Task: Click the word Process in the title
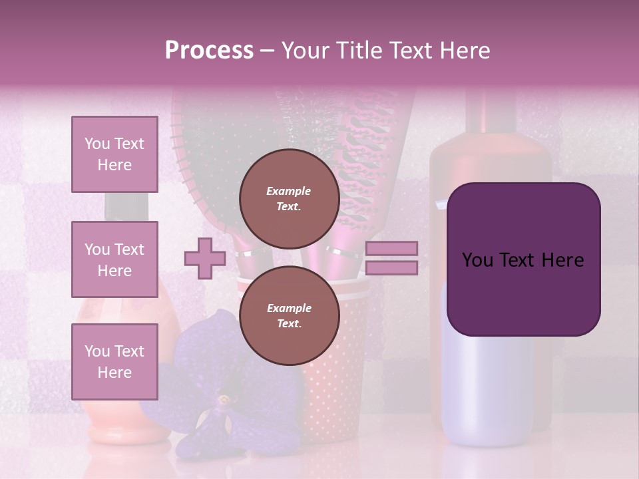(209, 51)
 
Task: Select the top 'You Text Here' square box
(114, 154)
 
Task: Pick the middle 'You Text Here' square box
(114, 259)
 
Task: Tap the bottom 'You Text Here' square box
(114, 361)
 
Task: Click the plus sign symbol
(205, 258)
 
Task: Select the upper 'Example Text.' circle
(289, 199)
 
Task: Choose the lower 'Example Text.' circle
(289, 316)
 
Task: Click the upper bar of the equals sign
(391, 248)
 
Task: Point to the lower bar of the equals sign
(391, 268)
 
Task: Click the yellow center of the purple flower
(224, 400)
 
